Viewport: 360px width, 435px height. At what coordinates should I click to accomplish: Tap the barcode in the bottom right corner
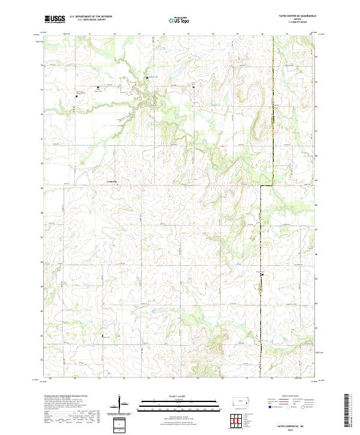pyautogui.click(x=347, y=413)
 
